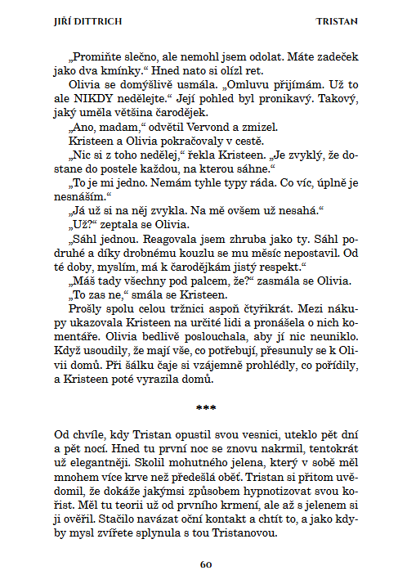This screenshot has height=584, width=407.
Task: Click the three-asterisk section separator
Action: coord(206,406)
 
